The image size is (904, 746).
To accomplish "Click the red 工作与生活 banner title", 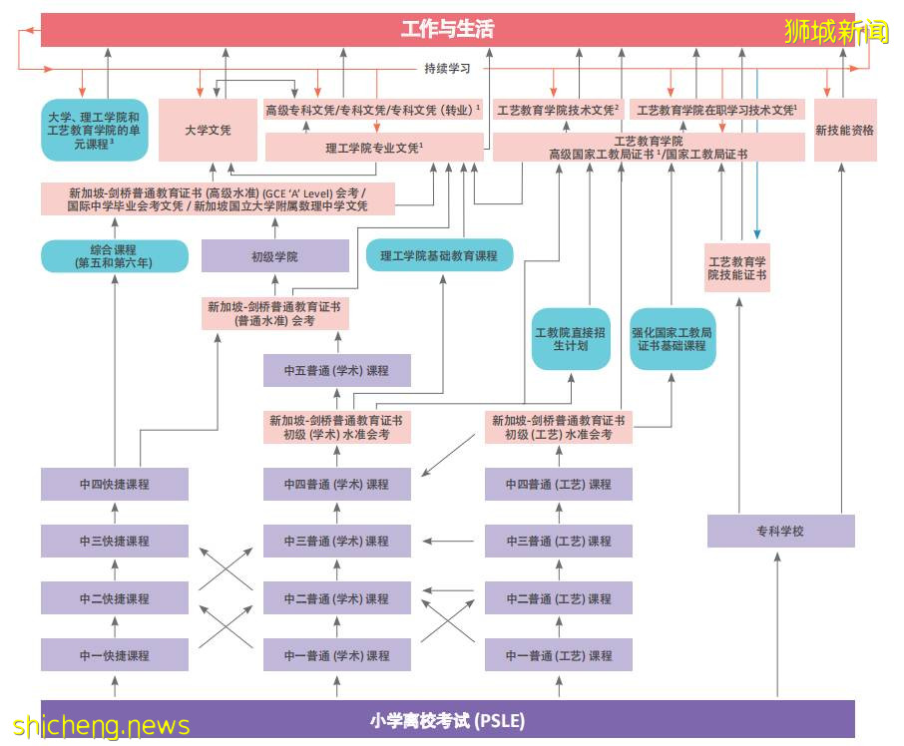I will (x=447, y=29).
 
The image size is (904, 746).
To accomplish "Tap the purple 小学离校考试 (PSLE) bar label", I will (x=447, y=720).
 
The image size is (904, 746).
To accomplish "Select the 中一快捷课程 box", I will (x=115, y=655).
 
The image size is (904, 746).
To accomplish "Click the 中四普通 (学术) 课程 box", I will (x=337, y=484).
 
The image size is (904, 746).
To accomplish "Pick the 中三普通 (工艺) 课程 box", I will (x=559, y=541).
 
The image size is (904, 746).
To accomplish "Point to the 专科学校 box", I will (x=780, y=531).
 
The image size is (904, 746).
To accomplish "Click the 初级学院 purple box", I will (x=275, y=256).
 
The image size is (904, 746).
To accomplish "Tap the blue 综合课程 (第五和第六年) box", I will (x=115, y=256).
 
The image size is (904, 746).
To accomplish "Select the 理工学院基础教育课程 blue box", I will (x=439, y=256).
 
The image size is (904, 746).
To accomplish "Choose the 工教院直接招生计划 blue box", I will (x=571, y=339).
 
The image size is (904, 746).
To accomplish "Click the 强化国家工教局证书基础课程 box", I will (x=673, y=339).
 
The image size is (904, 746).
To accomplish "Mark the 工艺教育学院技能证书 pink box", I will (x=737, y=267).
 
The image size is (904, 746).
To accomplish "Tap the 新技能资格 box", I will (x=845, y=130).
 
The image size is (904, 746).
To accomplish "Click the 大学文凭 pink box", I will (x=208, y=130).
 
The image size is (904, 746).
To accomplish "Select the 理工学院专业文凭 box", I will (x=374, y=148).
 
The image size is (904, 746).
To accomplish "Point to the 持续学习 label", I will (x=447, y=69).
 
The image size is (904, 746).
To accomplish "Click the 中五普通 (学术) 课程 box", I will (x=337, y=370).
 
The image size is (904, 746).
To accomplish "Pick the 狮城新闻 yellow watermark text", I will (x=836, y=32).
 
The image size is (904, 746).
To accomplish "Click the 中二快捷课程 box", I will (x=115, y=598).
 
